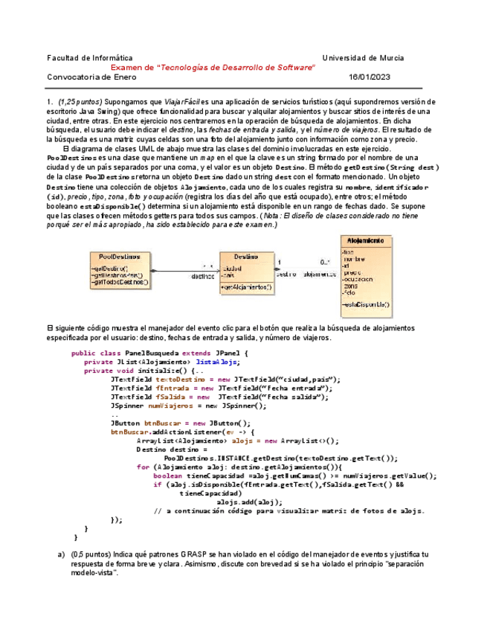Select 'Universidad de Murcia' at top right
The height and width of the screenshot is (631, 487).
point(363,57)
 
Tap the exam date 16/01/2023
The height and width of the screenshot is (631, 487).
point(369,77)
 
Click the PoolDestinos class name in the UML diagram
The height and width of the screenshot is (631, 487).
point(119,256)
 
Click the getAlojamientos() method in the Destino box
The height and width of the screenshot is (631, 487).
point(247,286)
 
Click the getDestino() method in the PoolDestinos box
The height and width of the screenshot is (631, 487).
point(110,268)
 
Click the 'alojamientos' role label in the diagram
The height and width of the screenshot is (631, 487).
point(317,274)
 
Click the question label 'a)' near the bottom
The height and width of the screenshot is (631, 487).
point(62,555)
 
